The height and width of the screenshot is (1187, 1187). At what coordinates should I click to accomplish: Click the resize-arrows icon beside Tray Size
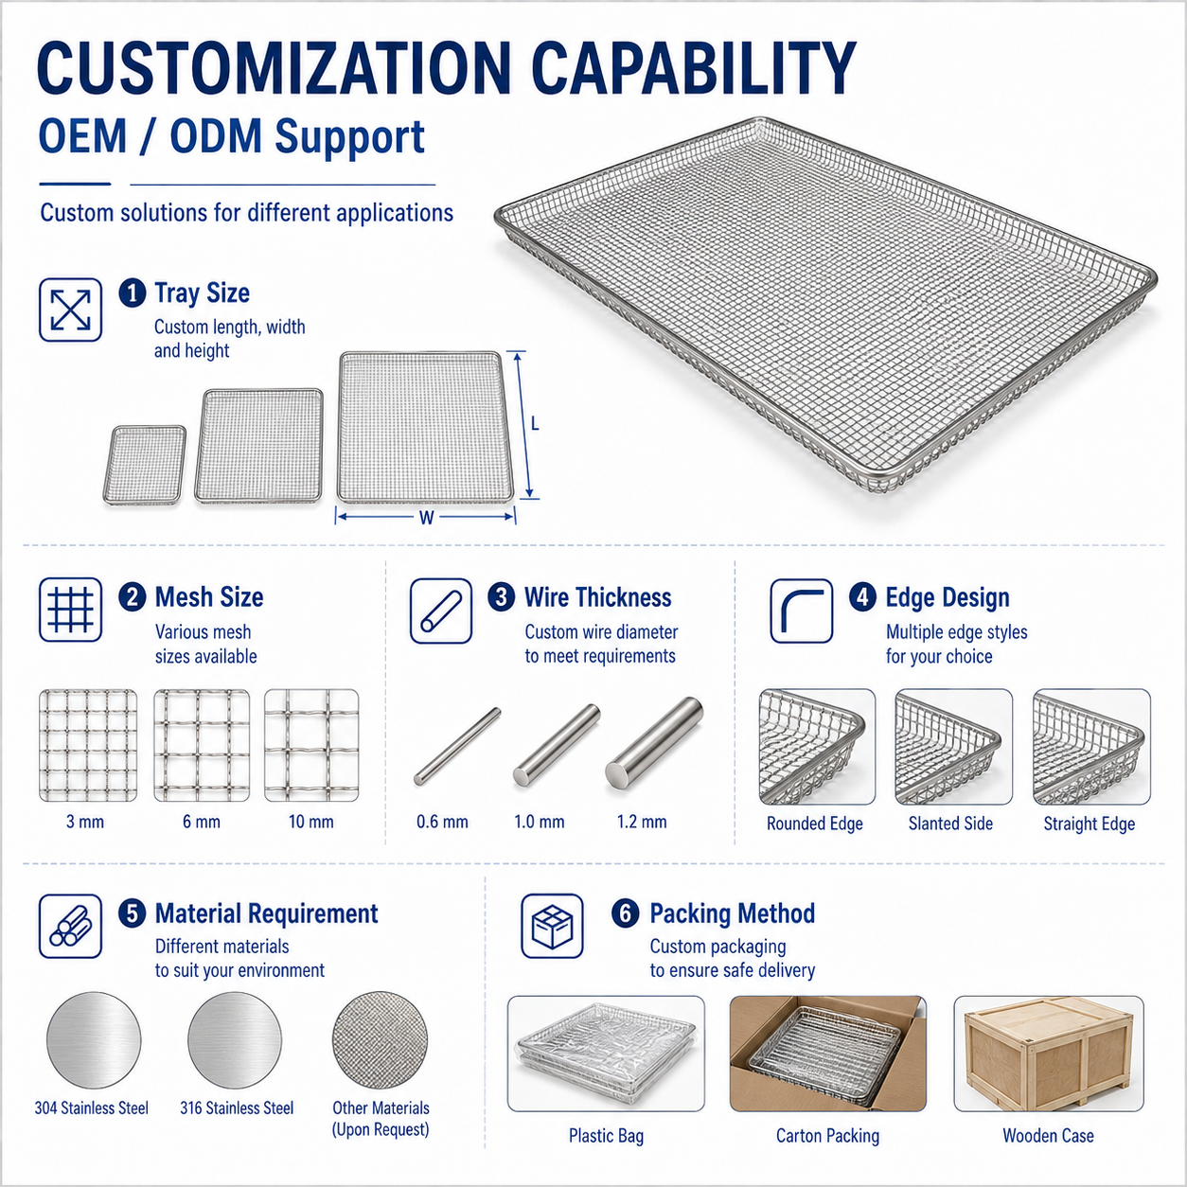70,310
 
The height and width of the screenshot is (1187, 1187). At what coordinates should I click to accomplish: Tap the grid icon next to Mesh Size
70,610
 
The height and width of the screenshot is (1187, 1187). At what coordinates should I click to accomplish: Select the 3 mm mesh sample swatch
88,745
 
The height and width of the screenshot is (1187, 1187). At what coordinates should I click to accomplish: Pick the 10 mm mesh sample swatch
311,745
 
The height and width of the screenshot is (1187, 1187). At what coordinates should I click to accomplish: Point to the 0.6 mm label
442,821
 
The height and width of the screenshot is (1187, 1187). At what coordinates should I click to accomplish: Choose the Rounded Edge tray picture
817,747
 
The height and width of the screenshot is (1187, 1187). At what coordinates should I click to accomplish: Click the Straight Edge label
1090,824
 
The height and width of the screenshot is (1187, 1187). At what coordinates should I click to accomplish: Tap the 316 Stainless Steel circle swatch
235,1039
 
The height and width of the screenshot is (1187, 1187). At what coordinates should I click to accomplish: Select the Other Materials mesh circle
381,1039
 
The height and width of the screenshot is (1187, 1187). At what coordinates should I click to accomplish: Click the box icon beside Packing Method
552,926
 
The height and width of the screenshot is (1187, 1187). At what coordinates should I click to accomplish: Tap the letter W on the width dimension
426,518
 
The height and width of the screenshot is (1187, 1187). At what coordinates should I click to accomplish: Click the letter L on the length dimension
535,424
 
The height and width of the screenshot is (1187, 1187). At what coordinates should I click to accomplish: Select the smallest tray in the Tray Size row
144,465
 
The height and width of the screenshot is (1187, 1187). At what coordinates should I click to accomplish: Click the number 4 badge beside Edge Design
862,597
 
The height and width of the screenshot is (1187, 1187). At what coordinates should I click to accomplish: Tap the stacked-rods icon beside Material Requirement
70,926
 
